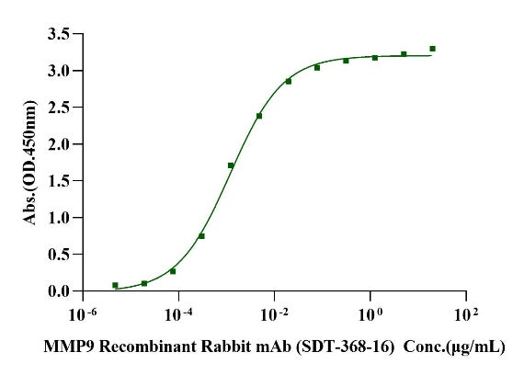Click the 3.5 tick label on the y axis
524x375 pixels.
pos(59,34)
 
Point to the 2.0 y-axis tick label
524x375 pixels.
pos(59,144)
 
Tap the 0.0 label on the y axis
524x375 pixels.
pos(59,291)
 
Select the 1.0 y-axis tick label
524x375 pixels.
pos(59,218)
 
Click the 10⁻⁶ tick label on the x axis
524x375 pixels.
pos(83,314)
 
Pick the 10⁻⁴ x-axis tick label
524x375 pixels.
pos(178,314)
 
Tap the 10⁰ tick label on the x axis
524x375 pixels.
pos(370,314)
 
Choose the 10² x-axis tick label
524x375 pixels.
pos(466,314)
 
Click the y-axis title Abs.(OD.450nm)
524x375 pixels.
pos(29,162)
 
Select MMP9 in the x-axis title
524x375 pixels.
pos(70,347)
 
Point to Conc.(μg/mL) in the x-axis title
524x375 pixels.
pos(454,347)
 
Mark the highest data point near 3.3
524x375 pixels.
pos(432,49)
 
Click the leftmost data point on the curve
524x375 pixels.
pos(115,285)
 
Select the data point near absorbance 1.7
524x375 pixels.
pos(231,165)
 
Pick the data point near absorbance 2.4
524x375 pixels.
pos(259,116)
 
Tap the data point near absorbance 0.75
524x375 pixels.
pos(201,236)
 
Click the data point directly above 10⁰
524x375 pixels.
pos(375,58)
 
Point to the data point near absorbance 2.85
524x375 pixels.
pos(289,81)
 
